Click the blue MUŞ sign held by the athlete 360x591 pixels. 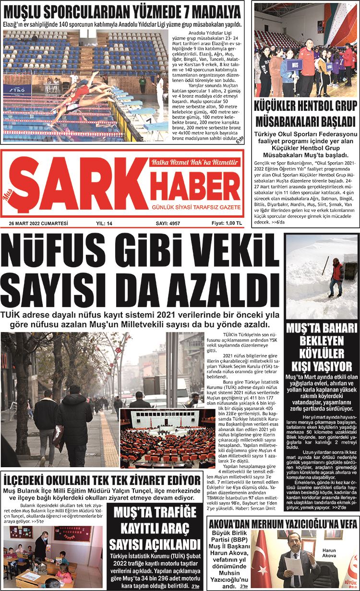tap(294, 65)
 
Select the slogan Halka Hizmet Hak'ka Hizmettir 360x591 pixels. tap(194, 163)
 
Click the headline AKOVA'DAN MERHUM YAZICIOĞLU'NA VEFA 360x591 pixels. tap(282, 524)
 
